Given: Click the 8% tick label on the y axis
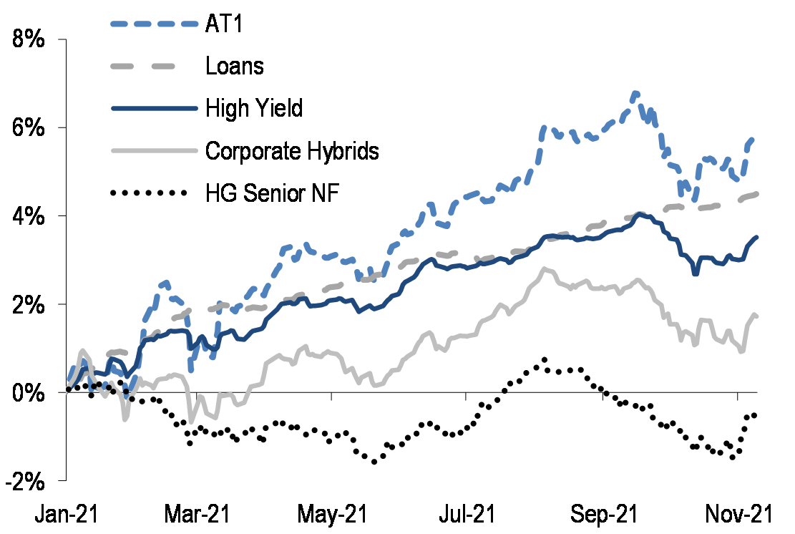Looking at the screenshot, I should [x=31, y=39].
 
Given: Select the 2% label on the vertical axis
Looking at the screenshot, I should [x=31, y=304].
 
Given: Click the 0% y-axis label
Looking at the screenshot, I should [x=31, y=392].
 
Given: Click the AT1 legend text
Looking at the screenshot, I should [x=226, y=24].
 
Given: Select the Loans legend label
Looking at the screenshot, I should [x=235, y=67].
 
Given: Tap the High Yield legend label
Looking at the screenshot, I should [x=254, y=109].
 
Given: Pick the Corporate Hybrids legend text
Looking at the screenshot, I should [x=292, y=151].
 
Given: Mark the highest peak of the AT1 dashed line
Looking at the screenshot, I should [x=635, y=93].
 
